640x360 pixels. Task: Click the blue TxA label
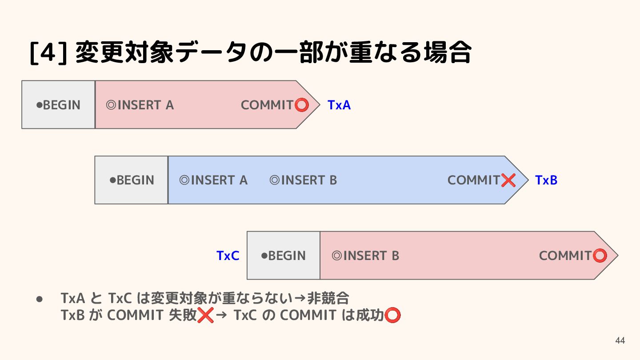point(339,105)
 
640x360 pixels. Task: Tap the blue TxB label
point(546,180)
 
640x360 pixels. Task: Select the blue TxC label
point(228,256)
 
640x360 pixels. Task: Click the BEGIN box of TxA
point(58,105)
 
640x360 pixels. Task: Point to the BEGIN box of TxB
point(131,180)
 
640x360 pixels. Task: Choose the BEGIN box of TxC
point(283,256)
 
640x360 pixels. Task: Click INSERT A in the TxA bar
point(140,105)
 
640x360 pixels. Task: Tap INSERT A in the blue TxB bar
point(213,180)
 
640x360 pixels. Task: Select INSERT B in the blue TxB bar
point(304,180)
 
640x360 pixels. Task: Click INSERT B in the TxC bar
point(365,256)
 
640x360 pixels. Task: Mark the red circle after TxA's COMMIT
point(302,105)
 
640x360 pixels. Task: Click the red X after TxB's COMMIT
point(508,180)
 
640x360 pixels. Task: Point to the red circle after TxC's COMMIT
point(600,256)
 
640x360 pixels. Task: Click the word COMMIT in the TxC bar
point(565,256)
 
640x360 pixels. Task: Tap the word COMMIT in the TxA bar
point(267,105)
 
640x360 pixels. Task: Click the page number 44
point(620,341)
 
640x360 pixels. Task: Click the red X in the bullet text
point(205,315)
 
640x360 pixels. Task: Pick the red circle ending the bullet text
point(392,315)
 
